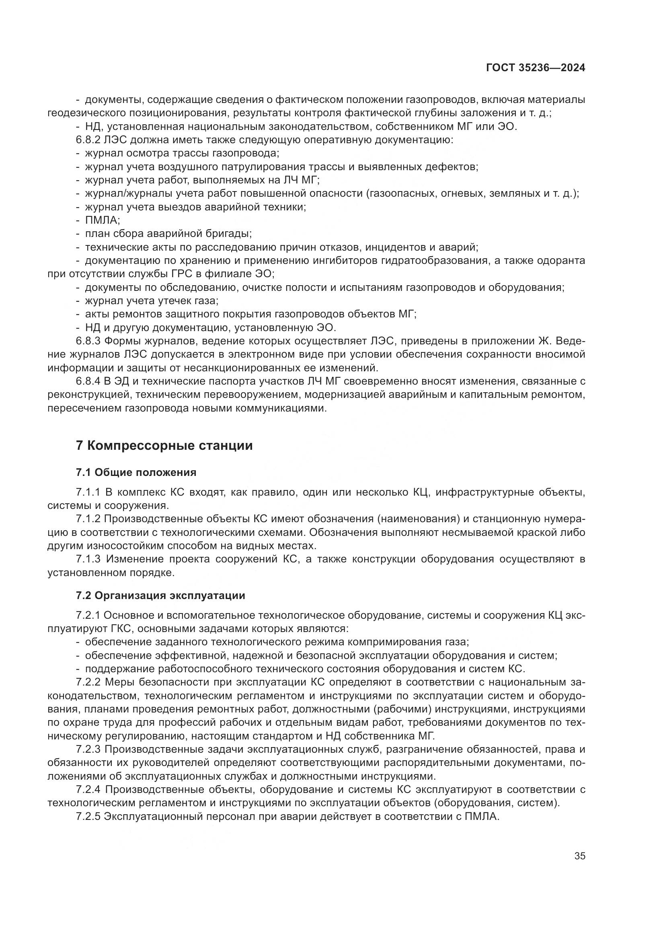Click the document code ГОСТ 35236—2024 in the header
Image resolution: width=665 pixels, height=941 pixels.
536,68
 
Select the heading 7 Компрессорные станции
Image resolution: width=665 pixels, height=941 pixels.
164,445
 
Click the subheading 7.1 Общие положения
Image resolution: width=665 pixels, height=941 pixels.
136,473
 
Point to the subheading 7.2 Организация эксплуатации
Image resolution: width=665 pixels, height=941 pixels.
160,595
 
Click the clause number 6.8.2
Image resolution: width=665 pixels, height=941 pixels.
88,140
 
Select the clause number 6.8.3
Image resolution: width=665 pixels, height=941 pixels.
88,341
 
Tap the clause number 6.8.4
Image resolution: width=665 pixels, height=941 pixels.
88,381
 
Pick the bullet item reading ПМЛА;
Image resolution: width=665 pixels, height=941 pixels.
103,220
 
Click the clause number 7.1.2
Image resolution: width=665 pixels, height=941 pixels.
88,519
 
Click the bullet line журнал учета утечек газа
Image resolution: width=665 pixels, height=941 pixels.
152,301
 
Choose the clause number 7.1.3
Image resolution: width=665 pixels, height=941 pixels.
88,559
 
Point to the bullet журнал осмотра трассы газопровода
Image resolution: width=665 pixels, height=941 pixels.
182,154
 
